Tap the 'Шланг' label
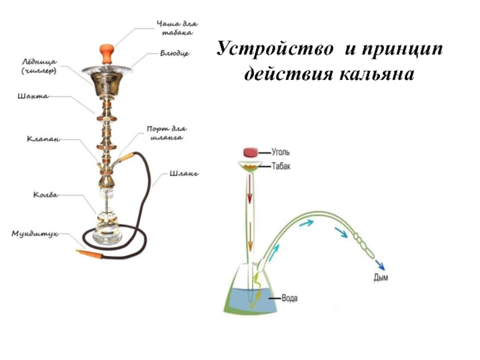coord(184,174)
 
